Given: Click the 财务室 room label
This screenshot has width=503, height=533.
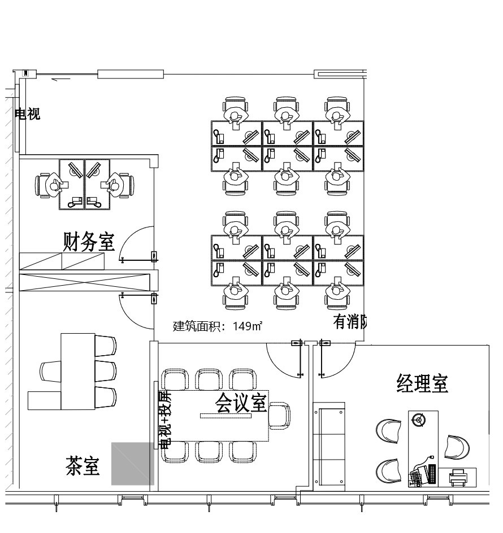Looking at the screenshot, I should click(x=89, y=242).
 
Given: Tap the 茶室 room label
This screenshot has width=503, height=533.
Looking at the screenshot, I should click(x=83, y=466).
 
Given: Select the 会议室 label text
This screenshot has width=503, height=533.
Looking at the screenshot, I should click(x=241, y=403).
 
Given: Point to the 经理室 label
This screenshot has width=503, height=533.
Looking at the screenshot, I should click(x=422, y=383).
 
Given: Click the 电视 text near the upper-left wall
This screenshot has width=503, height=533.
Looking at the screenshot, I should click(x=27, y=113).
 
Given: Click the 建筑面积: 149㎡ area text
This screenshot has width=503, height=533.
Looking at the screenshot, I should click(x=217, y=326).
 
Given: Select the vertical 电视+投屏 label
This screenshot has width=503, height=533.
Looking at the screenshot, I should click(x=165, y=418).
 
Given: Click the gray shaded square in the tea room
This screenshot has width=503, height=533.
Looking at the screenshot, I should click(x=132, y=464).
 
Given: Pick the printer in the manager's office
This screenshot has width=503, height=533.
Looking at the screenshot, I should click(x=458, y=478).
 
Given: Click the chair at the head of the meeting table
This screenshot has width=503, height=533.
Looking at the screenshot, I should click(x=280, y=417).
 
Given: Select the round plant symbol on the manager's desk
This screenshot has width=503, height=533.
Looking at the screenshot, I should click(x=418, y=420).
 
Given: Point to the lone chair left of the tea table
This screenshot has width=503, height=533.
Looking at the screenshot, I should click(x=50, y=371).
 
